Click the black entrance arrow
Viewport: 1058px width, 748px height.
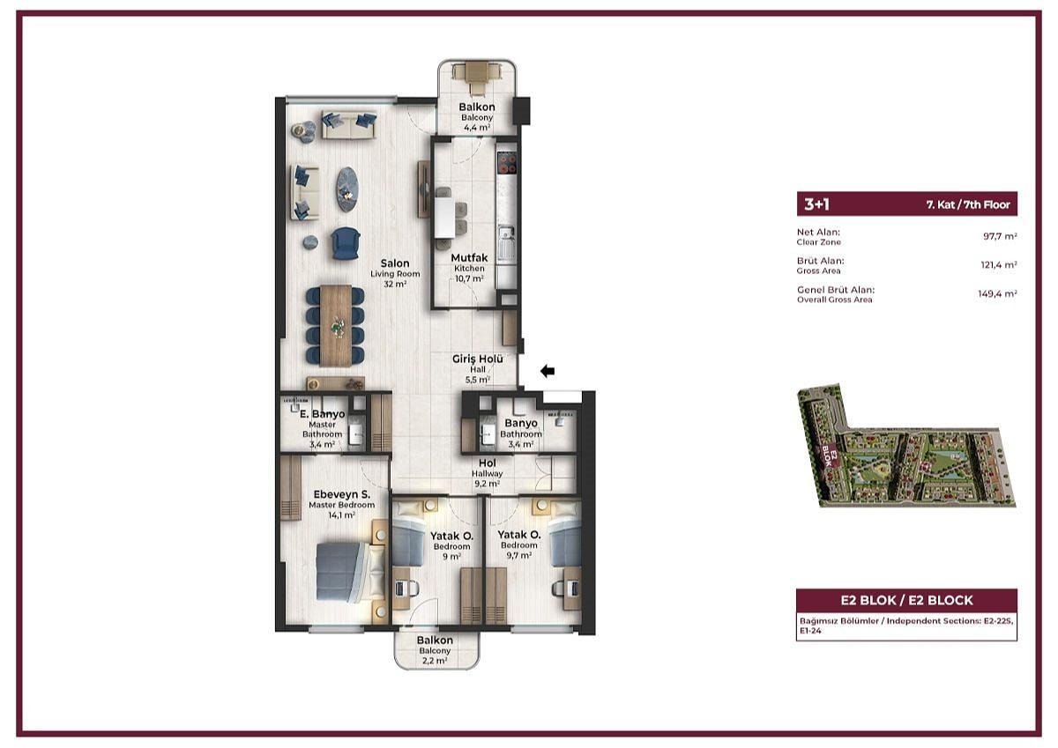(548, 372)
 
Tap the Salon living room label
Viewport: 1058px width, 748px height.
(395, 263)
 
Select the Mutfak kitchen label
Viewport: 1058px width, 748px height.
(469, 257)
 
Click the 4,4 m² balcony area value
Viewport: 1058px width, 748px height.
(477, 128)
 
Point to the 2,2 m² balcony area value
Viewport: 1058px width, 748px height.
(435, 661)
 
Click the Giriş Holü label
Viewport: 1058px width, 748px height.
(478, 359)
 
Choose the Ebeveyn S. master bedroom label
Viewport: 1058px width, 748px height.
(342, 494)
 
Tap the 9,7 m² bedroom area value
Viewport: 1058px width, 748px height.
(519, 555)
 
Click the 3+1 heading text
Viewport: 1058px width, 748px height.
(816, 204)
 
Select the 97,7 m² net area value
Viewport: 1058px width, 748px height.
(1000, 236)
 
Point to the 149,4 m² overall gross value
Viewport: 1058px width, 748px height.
(997, 293)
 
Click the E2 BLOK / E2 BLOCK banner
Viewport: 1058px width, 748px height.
(906, 600)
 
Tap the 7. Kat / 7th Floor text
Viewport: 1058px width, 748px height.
(968, 204)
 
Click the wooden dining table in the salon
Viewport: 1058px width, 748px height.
(336, 326)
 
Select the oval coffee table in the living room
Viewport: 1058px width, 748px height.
(347, 189)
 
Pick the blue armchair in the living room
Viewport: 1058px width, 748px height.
(346, 243)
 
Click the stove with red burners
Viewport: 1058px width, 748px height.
(507, 164)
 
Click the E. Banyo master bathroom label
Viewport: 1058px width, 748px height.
(323, 414)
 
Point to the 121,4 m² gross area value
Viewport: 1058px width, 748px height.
(998, 264)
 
